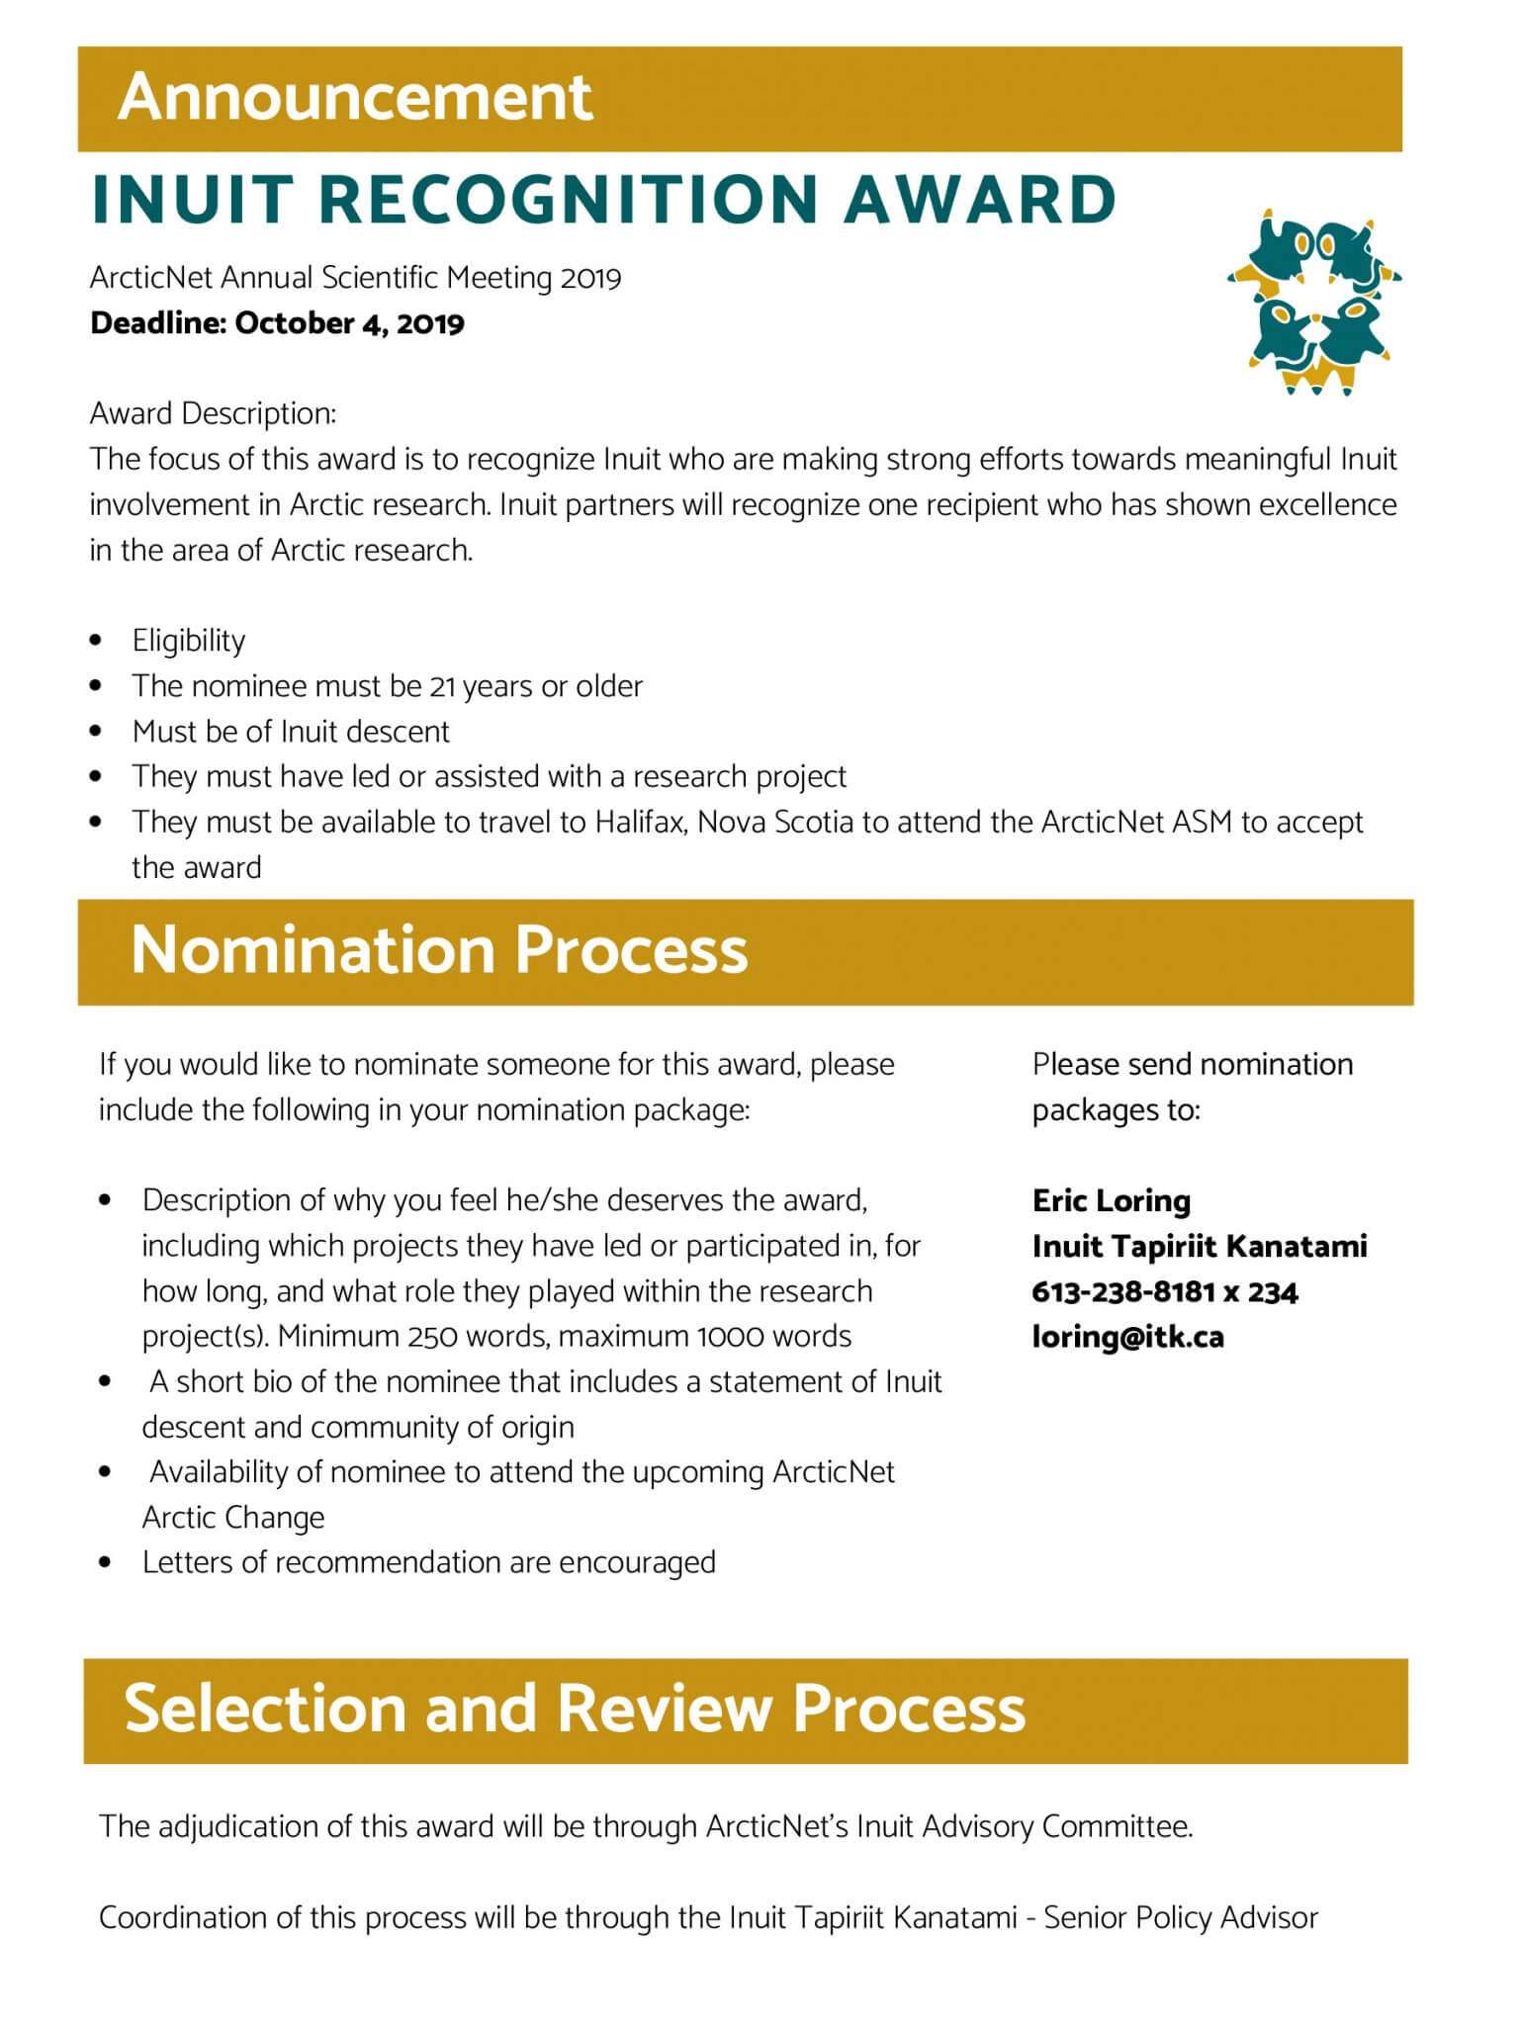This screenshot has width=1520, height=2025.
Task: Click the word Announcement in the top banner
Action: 355,98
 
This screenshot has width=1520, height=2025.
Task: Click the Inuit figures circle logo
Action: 1313,303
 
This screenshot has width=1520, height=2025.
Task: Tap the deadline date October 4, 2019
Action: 349,323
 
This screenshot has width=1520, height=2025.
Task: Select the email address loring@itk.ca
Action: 1127,1337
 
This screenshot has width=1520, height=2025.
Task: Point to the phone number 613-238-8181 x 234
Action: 1164,1291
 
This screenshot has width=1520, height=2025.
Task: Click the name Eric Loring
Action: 1111,1200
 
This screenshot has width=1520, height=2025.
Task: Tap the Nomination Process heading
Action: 439,950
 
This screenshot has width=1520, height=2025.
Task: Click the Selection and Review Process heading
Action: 575,1709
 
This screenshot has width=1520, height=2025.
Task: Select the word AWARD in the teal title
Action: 980,199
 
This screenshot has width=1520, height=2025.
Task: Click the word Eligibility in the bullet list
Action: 189,641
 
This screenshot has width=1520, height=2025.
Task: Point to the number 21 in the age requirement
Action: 442,686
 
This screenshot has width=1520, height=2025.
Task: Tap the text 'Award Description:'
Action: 213,413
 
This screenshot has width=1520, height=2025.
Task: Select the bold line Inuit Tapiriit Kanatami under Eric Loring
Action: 1199,1246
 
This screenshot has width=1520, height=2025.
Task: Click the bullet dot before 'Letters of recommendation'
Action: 106,1563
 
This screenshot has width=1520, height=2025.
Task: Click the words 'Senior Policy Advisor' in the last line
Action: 1181,1918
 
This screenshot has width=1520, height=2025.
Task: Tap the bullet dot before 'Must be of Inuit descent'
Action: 96,732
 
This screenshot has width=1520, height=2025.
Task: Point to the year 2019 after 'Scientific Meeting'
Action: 590,278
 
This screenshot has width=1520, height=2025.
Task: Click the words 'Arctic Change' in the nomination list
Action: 233,1518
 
